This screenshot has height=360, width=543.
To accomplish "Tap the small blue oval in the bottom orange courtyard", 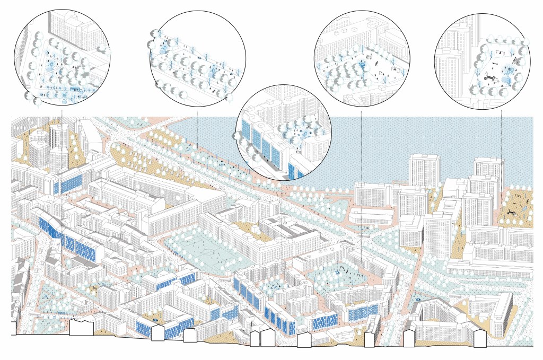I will coord(155,320).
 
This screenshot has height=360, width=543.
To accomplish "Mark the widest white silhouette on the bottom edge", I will coord(82,327).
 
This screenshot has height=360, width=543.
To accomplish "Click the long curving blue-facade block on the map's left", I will coord(64,233).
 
